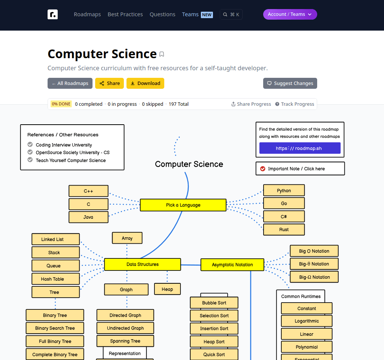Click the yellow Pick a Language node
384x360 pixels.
click(x=183, y=205)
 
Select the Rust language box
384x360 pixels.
click(x=284, y=230)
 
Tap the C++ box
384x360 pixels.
click(x=88, y=191)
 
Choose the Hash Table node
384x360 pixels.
click(x=56, y=279)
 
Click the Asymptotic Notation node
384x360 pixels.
click(x=232, y=265)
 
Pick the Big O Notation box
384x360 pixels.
click(x=314, y=251)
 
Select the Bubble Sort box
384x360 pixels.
click(x=214, y=303)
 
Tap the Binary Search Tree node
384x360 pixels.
click(x=55, y=328)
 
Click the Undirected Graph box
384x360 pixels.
click(x=125, y=328)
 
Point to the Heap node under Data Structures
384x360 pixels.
click(x=167, y=289)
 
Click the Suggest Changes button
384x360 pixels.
click(x=290, y=83)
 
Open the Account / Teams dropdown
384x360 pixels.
click(x=290, y=14)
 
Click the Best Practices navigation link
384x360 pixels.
click(x=125, y=14)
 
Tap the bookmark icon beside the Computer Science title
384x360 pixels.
click(x=162, y=54)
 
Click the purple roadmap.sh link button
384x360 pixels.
click(x=300, y=148)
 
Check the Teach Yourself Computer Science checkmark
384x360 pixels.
click(x=30, y=160)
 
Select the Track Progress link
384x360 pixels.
click(x=295, y=104)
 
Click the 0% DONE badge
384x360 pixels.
click(x=61, y=104)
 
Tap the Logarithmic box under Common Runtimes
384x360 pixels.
click(x=307, y=321)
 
